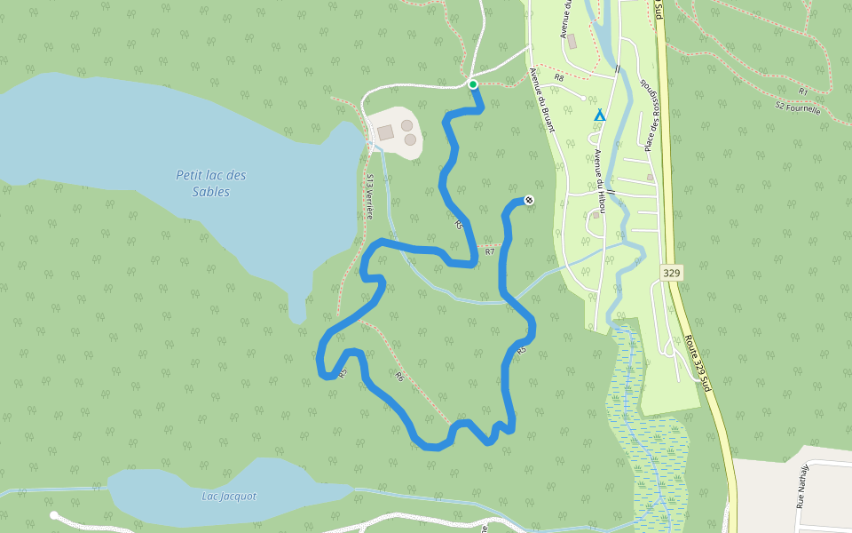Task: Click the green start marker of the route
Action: point(473,84)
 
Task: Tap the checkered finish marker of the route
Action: point(529,200)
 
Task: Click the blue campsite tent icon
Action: point(600,115)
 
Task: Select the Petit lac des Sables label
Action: point(210,184)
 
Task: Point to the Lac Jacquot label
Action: point(229,497)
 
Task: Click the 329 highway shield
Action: point(671,273)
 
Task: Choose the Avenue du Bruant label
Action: point(541,100)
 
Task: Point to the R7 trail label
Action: point(489,251)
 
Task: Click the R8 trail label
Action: point(559,78)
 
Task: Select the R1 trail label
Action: point(802,91)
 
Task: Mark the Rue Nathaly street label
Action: point(801,486)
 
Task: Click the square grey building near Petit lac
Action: point(385,132)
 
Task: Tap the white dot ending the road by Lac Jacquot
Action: point(54,514)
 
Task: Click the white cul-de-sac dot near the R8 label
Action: point(582,97)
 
